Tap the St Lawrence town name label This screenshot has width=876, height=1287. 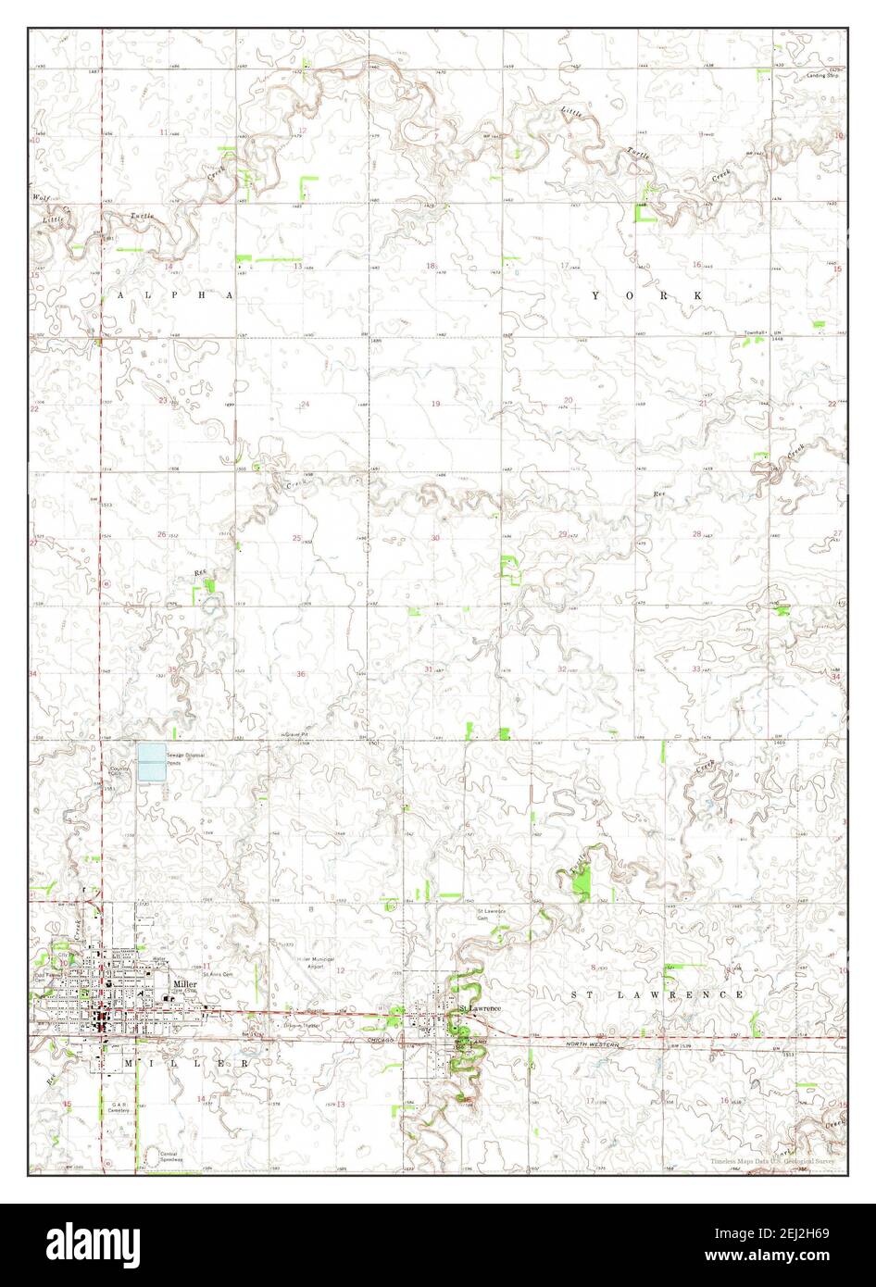pyautogui.click(x=480, y=1007)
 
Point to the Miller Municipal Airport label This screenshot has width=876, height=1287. pyautogui.click(x=316, y=962)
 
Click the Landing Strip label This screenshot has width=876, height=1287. pyautogui.click(x=821, y=74)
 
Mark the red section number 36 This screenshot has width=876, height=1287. pyautogui.click(x=300, y=673)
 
